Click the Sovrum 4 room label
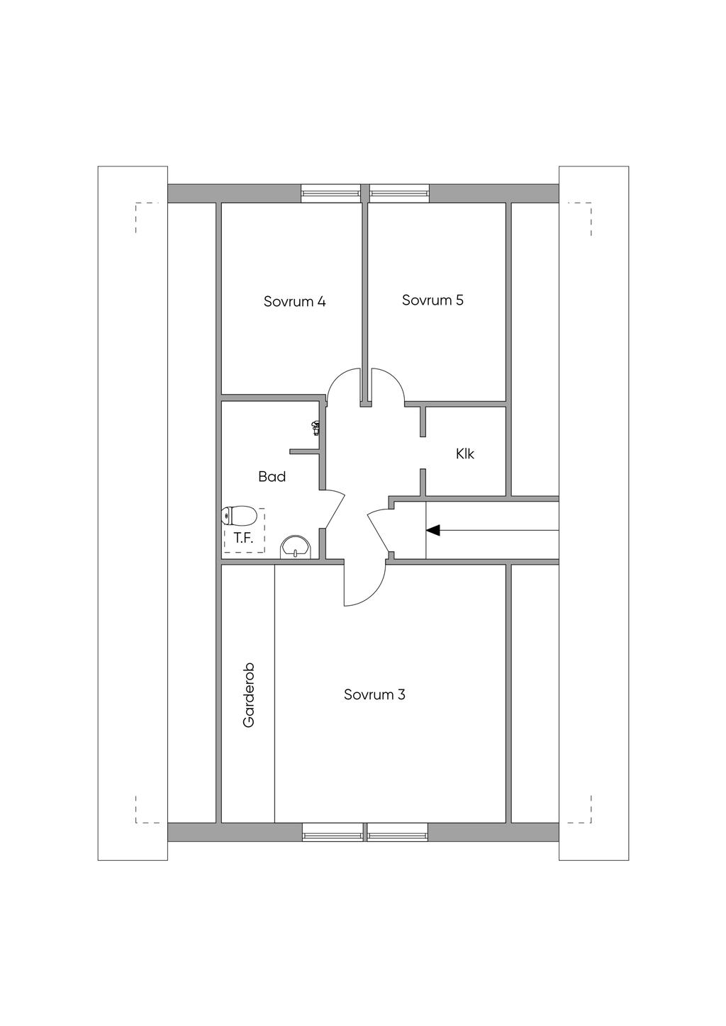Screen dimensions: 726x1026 point(294,301)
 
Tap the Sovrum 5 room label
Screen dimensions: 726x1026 point(432,300)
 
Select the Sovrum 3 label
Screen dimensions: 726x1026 point(374,694)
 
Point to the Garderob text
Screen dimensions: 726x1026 point(248,695)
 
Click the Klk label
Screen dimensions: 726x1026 point(465,453)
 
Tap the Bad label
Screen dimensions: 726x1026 point(272,476)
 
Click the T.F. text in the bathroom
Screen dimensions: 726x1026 point(243,538)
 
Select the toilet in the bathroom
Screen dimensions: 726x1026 point(238,517)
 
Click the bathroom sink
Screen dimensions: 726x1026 point(295,546)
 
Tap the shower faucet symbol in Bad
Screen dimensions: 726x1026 point(315,428)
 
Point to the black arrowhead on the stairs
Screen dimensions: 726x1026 point(433,530)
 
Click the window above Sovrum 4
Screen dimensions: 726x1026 point(330,193)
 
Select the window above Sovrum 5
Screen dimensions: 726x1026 point(400,193)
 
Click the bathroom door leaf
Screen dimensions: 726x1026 point(334,509)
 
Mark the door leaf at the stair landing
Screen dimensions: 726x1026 point(379,531)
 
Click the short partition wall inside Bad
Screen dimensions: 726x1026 point(304,451)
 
